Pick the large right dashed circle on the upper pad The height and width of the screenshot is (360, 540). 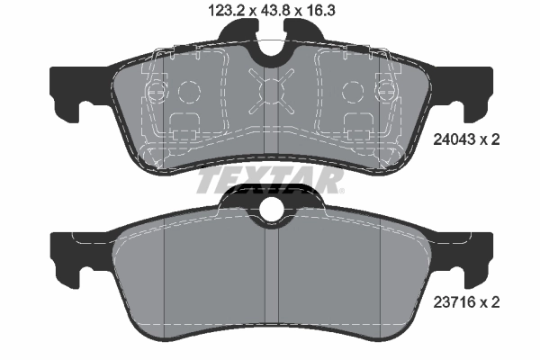click(x=352, y=92)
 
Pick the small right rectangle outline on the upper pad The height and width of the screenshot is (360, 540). click(x=354, y=125)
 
